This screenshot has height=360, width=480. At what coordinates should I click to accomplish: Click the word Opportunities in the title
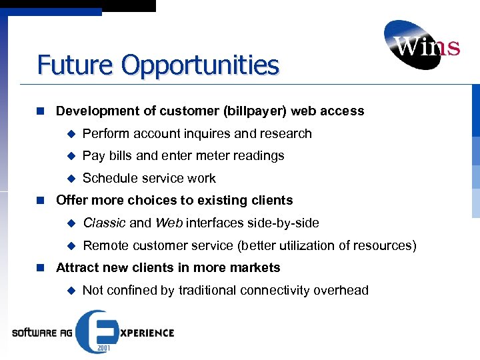pos(201,66)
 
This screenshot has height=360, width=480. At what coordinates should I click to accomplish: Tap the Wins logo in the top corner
pos(421,45)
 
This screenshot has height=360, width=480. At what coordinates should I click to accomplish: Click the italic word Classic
pos(105,223)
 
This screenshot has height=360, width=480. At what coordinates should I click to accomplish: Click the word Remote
pos(105,246)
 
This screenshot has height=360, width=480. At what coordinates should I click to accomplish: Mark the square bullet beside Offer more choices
pos(41,201)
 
